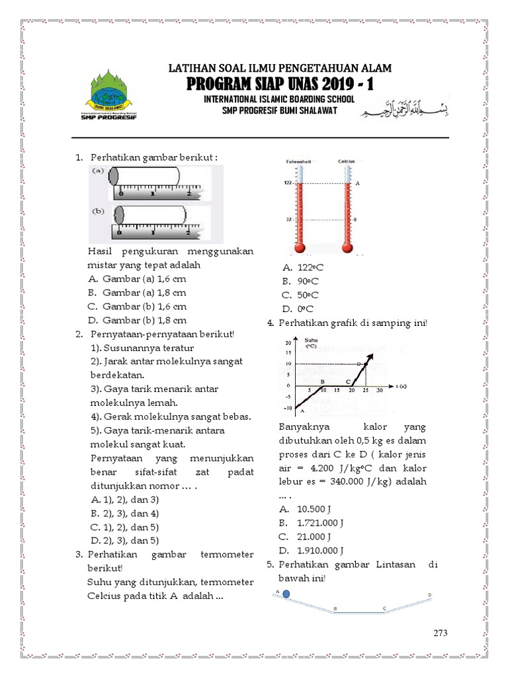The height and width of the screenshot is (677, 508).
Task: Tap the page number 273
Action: click(x=441, y=633)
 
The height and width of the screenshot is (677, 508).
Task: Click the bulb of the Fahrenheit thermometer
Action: click(x=300, y=247)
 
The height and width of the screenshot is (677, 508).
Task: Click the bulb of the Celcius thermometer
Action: click(x=348, y=247)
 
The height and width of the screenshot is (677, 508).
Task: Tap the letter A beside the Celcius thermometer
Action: click(x=357, y=183)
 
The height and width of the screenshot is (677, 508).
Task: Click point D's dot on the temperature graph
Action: click(x=359, y=364)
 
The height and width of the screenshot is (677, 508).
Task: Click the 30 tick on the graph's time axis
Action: click(x=379, y=391)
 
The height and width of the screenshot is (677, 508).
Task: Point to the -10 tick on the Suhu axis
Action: click(x=287, y=408)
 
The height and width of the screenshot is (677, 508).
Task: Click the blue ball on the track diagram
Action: click(x=286, y=594)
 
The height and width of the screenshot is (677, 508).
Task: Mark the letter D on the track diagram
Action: click(x=430, y=595)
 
